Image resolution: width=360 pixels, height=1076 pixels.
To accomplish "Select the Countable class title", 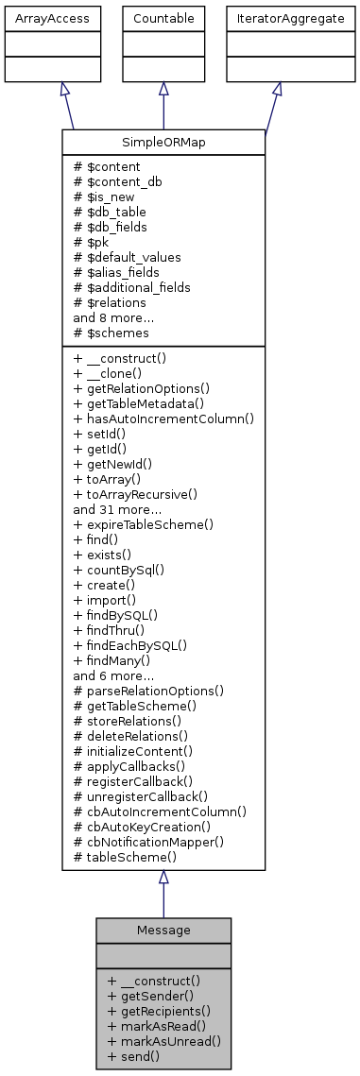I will (163, 17).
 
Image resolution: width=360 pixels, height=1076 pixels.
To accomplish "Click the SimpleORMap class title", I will (163, 141).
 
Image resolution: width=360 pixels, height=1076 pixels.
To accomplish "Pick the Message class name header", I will (163, 930).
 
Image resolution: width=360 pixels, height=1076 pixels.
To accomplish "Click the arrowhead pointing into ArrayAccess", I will (62, 88).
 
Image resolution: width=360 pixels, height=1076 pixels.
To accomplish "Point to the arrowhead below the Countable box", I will (163, 88).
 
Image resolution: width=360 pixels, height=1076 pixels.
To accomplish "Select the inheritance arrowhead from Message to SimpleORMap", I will (163, 878).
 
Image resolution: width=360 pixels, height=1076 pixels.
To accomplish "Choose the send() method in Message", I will (133, 1056).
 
